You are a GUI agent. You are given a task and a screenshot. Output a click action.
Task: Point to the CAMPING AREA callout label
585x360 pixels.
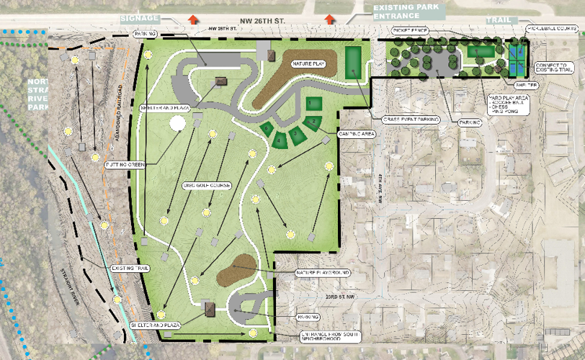click(x=354, y=133)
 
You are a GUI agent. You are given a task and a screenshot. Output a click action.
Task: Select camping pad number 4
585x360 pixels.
click(x=280, y=140)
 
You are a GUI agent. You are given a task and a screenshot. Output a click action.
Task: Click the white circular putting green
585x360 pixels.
click(x=177, y=123)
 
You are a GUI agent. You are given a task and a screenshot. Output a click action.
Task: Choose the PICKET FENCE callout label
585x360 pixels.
click(x=409, y=31)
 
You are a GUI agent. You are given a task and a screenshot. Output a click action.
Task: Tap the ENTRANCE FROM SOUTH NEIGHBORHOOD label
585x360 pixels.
click(x=331, y=338)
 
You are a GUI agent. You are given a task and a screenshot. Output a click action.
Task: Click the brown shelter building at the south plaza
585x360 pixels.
click(x=210, y=310)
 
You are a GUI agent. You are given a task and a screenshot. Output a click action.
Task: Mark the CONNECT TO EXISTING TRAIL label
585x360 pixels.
click(x=555, y=67)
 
